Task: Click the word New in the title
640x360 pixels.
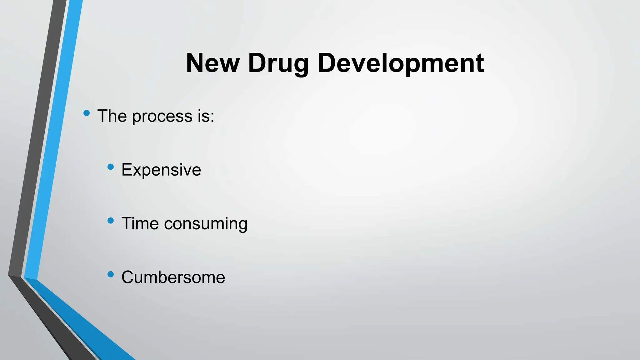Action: [x=212, y=63]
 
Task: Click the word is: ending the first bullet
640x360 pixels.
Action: [x=206, y=116]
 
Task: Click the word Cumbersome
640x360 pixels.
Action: [x=173, y=277]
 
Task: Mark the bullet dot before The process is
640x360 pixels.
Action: [x=87, y=113]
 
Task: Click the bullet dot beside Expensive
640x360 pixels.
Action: [x=110, y=167]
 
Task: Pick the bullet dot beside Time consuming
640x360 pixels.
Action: [x=110, y=221]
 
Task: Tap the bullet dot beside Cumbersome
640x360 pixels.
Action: [x=110, y=274]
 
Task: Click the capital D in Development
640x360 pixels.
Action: [x=328, y=63]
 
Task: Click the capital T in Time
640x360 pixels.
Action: [x=127, y=223]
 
